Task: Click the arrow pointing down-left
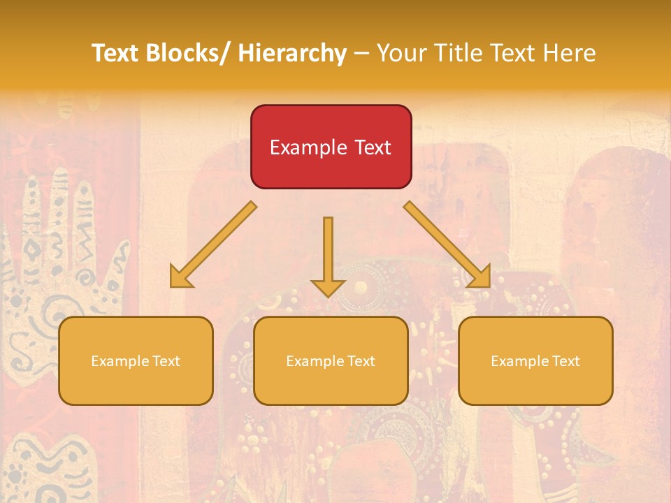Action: (213, 245)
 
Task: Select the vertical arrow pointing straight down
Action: (328, 255)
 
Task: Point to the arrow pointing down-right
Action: (447, 245)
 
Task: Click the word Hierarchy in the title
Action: (292, 53)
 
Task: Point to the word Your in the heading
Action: (402, 53)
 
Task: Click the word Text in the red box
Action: (371, 148)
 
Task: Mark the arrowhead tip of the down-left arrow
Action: (172, 285)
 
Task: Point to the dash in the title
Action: (361, 53)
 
